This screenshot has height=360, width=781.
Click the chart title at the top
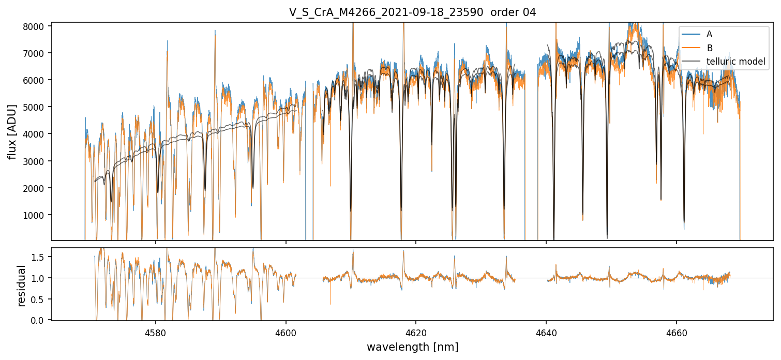pos(412,12)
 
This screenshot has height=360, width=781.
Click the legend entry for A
pos(709,34)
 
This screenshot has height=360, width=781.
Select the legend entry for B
pos(709,48)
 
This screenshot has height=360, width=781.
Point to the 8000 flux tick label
pos(37,26)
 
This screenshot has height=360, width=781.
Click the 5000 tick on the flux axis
pos(37,107)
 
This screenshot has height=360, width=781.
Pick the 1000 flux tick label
pos(37,215)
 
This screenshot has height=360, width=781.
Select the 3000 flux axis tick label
pos(37,161)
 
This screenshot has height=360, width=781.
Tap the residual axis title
pos(22,286)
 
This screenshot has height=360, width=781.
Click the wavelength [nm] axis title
pos(412,347)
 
